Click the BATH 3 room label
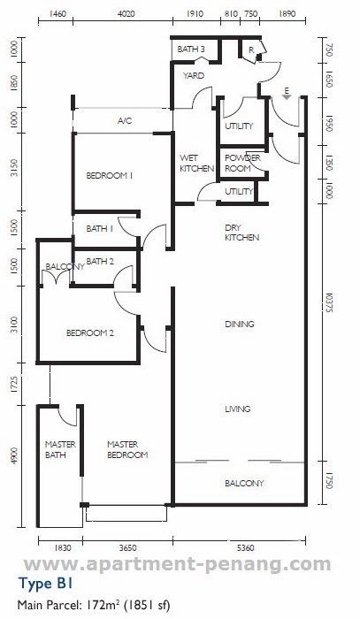[191, 50]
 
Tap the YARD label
[194, 75]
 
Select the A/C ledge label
[125, 121]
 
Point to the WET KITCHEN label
[196, 163]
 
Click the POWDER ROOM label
[242, 163]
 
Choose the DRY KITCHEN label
[242, 233]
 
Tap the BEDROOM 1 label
[110, 176]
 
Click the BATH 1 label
[100, 228]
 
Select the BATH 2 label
[100, 262]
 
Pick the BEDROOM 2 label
[90, 333]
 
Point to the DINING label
[240, 325]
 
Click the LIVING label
[238, 409]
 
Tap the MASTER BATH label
[60, 449]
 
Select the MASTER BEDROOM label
[127, 449]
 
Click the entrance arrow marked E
[287, 94]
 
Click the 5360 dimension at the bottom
[246, 548]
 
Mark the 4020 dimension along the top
[126, 14]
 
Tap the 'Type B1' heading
[45, 584]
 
